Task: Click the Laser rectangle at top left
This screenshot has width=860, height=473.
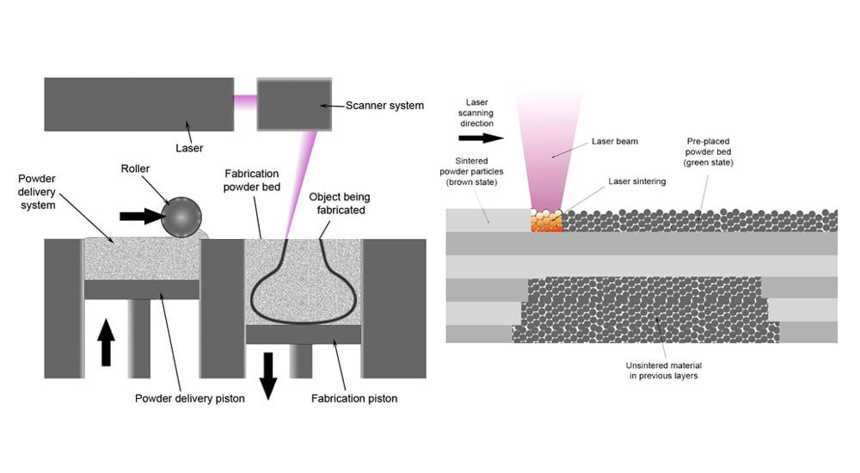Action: pos(138,104)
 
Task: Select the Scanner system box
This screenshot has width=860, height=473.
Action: pos(294,104)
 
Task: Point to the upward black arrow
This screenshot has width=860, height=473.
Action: pos(106,341)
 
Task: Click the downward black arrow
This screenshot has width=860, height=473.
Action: pos(268,374)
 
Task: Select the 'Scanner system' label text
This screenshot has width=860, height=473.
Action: pos(384,106)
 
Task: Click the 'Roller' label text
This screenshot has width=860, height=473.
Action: pos(135,170)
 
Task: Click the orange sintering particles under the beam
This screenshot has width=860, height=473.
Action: pos(547,223)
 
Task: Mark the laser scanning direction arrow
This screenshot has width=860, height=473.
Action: pos(482,137)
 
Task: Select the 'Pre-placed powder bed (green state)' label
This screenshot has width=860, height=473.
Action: pos(710,151)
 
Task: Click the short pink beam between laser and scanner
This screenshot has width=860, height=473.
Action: pos(245,102)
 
